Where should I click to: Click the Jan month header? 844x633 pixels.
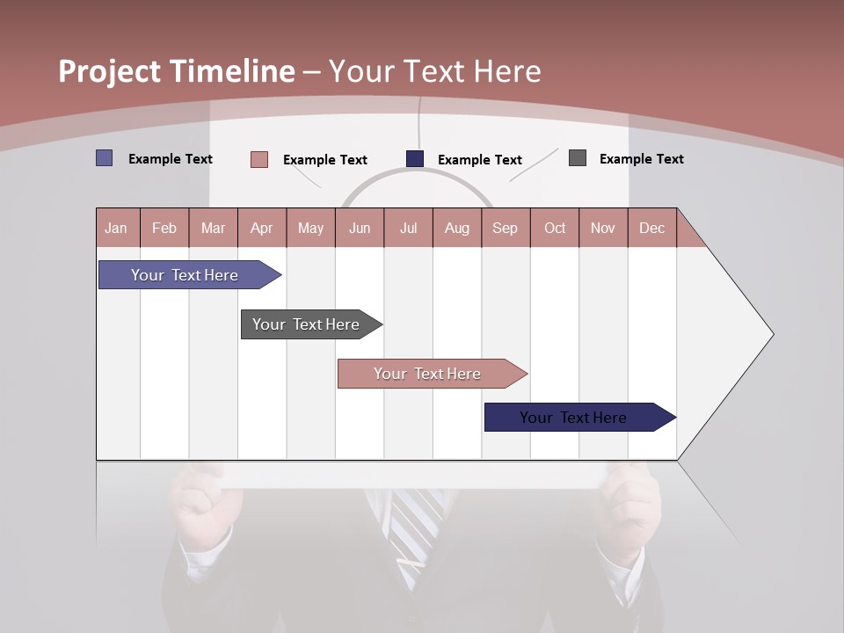(x=117, y=228)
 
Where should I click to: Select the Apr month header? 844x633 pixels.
(x=262, y=228)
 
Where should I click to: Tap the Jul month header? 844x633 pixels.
(x=408, y=228)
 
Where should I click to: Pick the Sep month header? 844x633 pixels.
(x=505, y=228)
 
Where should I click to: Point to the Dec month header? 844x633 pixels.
(x=651, y=228)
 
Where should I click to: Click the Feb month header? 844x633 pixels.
(x=164, y=228)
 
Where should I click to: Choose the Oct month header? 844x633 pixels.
(x=555, y=228)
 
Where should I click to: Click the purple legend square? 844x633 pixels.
(x=105, y=158)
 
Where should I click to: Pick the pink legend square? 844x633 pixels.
(x=259, y=159)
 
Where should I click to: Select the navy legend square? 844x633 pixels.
(x=415, y=158)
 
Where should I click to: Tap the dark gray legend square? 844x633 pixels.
(x=578, y=158)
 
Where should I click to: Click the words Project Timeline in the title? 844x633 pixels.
(x=177, y=71)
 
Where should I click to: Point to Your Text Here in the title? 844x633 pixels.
(x=435, y=71)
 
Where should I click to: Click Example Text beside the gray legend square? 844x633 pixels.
(x=641, y=159)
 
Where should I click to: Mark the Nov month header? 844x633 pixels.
(x=603, y=228)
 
